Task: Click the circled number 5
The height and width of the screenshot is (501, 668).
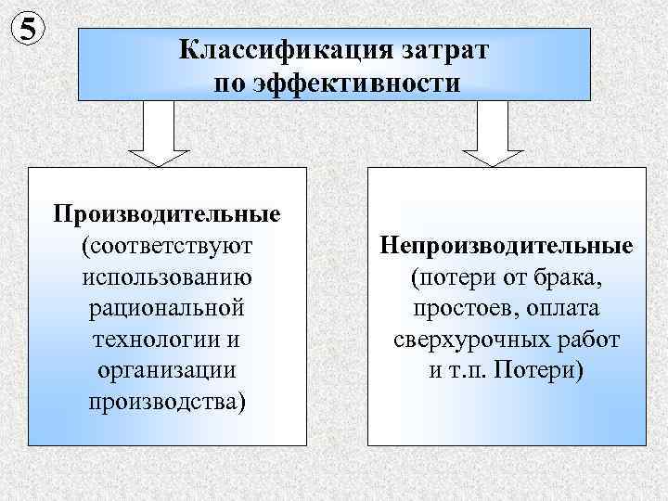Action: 31,29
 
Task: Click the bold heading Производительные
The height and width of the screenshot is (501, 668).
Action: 167,215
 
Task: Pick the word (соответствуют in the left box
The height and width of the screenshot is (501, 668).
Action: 167,247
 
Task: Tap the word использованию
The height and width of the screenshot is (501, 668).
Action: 167,277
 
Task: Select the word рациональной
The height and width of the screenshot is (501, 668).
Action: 167,308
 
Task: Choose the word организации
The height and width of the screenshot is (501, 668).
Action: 167,370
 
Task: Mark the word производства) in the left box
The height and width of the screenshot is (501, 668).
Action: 167,402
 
